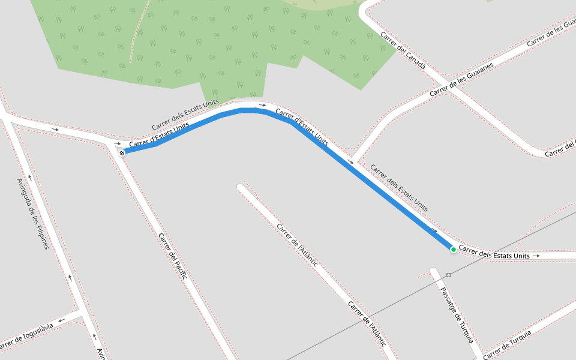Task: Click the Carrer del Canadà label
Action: click(403, 50)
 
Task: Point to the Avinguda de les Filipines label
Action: click(32, 214)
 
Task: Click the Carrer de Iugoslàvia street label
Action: click(27, 335)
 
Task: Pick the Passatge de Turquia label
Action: click(457, 314)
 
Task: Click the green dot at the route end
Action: click(453, 249)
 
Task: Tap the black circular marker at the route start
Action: click(122, 154)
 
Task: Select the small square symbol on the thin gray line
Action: click(448, 275)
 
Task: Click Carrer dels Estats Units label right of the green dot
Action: click(494, 255)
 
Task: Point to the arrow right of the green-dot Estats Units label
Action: click(536, 256)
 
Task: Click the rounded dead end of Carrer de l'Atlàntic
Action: click(241, 188)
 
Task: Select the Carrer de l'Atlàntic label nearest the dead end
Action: click(297, 244)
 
